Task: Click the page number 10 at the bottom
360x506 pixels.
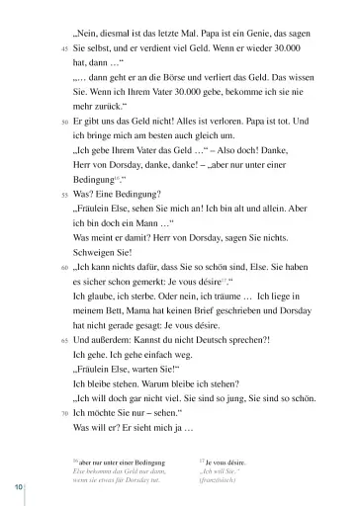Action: [x=19, y=491]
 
